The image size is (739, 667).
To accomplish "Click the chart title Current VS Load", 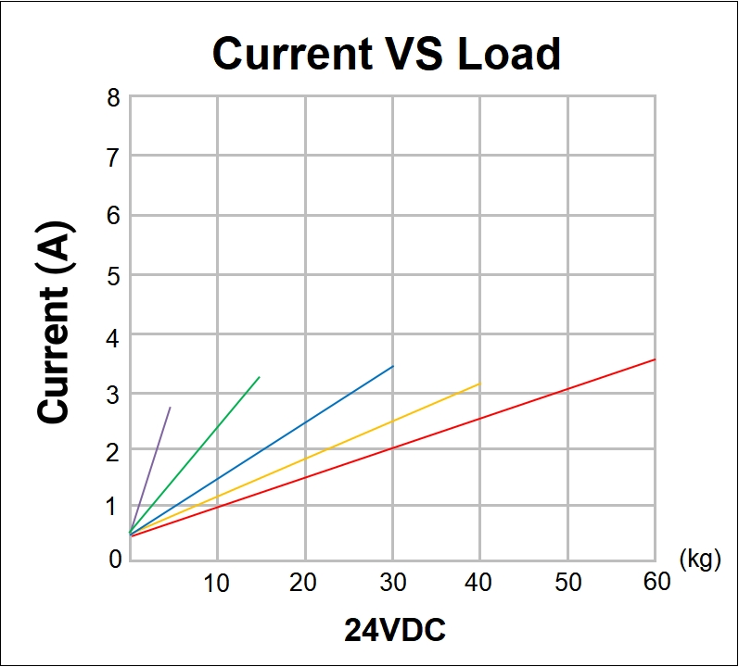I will tap(387, 54).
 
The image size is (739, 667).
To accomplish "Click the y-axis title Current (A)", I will tap(56, 322).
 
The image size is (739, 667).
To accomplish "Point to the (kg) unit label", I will tap(700, 560).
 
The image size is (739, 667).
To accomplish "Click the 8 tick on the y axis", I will tap(113, 97).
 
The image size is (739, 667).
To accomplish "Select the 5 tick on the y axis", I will tap(113, 275).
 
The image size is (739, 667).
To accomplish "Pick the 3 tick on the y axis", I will tap(113, 393).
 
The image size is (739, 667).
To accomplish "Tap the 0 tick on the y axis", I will tap(113, 559).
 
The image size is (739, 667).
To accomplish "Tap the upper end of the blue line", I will tap(392, 367).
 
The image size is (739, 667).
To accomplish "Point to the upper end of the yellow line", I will tap(479, 384).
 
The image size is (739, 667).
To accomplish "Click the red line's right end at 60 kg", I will tap(654, 359).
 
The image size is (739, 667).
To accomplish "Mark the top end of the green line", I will tap(259, 377).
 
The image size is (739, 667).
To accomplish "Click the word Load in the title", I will tap(509, 54).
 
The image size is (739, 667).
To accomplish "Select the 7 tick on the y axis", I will tap(113, 157).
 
